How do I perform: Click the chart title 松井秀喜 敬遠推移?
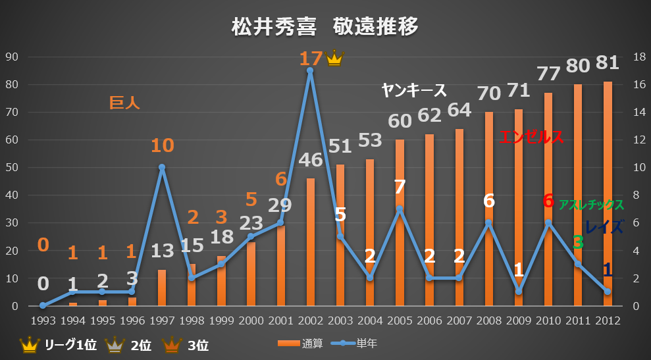point(325,28)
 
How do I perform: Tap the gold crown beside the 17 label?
point(335,58)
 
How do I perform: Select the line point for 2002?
point(309,70)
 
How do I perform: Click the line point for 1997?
point(162,167)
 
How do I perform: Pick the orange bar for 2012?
point(608,194)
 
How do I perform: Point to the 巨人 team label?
point(125,103)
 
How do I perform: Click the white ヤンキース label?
point(414,91)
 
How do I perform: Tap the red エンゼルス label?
point(531,138)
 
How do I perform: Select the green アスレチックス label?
point(591,205)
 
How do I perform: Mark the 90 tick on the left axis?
point(11,57)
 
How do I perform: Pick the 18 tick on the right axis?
point(638,57)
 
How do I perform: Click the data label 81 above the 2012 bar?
point(606,63)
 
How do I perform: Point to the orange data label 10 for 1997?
point(162,145)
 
